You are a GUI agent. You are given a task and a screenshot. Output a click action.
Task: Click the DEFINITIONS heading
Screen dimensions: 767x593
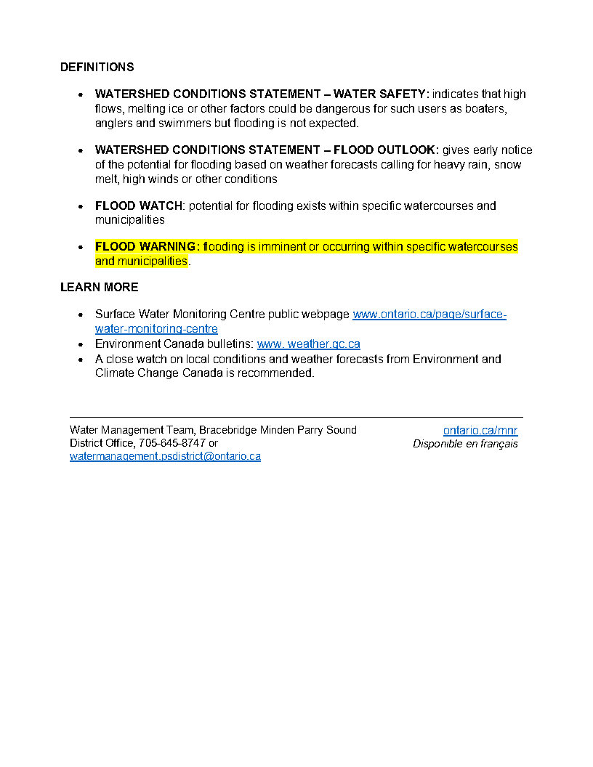(x=97, y=67)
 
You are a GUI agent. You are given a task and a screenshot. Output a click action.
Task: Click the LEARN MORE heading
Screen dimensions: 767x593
(x=99, y=287)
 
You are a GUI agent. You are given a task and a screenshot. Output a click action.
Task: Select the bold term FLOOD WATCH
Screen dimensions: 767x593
(x=138, y=206)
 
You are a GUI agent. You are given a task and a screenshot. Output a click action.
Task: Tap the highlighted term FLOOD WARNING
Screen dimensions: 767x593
(x=147, y=247)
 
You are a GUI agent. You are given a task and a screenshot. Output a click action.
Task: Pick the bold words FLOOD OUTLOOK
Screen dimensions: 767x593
(x=386, y=150)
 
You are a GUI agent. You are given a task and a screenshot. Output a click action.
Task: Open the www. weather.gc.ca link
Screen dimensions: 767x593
(x=308, y=344)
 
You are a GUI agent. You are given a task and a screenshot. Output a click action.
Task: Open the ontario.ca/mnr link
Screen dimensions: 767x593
(x=480, y=431)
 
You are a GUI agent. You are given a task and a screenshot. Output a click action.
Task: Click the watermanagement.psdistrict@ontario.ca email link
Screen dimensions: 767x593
(x=165, y=456)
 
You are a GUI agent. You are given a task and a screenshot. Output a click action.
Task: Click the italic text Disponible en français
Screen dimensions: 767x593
(x=465, y=444)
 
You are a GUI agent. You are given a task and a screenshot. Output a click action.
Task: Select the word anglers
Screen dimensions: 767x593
(x=113, y=123)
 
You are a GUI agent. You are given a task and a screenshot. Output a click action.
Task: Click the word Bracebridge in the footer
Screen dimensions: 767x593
(x=228, y=430)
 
